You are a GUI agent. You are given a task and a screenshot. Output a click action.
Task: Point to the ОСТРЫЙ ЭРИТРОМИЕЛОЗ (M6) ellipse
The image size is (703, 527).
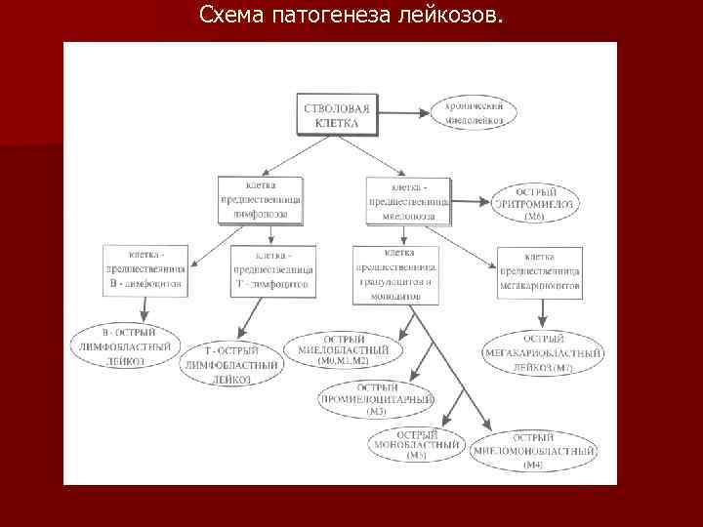coord(535,203)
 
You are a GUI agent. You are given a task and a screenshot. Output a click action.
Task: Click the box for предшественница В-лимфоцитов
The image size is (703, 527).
coord(146,270)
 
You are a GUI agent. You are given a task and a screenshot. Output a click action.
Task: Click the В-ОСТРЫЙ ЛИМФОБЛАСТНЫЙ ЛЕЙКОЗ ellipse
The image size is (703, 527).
coord(127,347)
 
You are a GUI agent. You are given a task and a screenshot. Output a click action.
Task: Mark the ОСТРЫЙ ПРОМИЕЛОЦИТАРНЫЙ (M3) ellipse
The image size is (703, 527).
coord(377,399)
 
